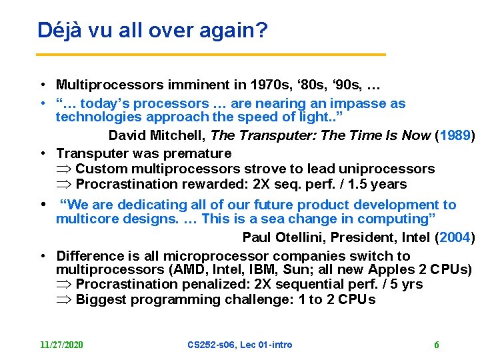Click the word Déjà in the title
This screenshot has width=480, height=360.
coord(55,30)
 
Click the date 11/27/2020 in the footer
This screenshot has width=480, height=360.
coord(61,345)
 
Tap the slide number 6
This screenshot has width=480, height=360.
coord(436,345)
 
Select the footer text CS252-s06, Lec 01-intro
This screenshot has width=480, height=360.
coord(240,345)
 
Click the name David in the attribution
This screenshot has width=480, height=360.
coord(127,135)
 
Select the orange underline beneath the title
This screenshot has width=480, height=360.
coord(211,54)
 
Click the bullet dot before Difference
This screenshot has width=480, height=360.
coord(41,256)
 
